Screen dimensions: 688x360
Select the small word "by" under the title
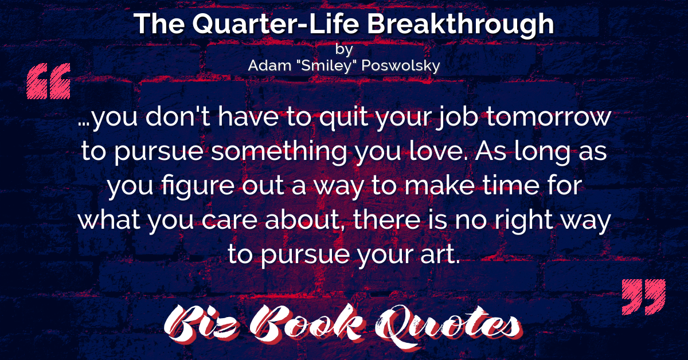point(343,49)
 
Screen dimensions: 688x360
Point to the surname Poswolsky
point(401,66)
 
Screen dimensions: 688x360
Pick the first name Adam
point(269,65)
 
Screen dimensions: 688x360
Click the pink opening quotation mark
point(49,81)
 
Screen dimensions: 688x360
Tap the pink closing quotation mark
point(643,297)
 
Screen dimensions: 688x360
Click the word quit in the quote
point(343,118)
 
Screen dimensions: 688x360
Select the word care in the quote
point(229,221)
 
